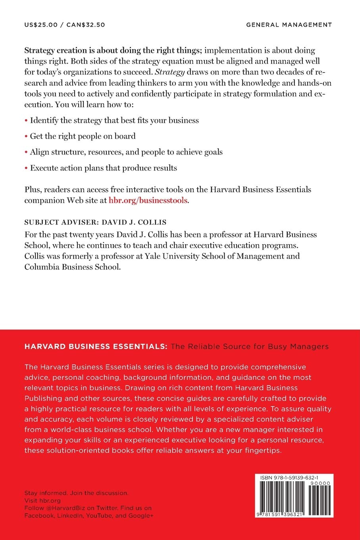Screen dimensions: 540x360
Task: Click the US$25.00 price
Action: tap(41, 25)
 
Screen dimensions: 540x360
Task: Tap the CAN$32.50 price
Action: tap(86, 25)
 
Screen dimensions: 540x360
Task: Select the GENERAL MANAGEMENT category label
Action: tap(289, 25)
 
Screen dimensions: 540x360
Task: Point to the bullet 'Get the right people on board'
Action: tap(83, 136)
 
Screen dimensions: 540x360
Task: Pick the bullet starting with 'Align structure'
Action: tap(126, 152)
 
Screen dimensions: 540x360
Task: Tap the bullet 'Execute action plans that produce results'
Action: tap(104, 168)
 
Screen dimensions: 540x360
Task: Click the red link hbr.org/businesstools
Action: tap(148, 201)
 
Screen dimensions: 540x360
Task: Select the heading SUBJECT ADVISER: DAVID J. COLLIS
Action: tap(95, 222)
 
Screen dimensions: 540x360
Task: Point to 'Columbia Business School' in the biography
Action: tap(72, 267)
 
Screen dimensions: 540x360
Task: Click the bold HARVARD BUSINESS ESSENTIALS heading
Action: tap(96, 347)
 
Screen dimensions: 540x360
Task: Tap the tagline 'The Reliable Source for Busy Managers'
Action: tap(250, 347)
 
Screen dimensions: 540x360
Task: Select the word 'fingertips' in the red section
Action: tap(263, 450)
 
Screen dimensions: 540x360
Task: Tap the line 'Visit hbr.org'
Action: tap(42, 500)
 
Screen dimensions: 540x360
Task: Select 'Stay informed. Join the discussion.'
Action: tap(77, 493)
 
